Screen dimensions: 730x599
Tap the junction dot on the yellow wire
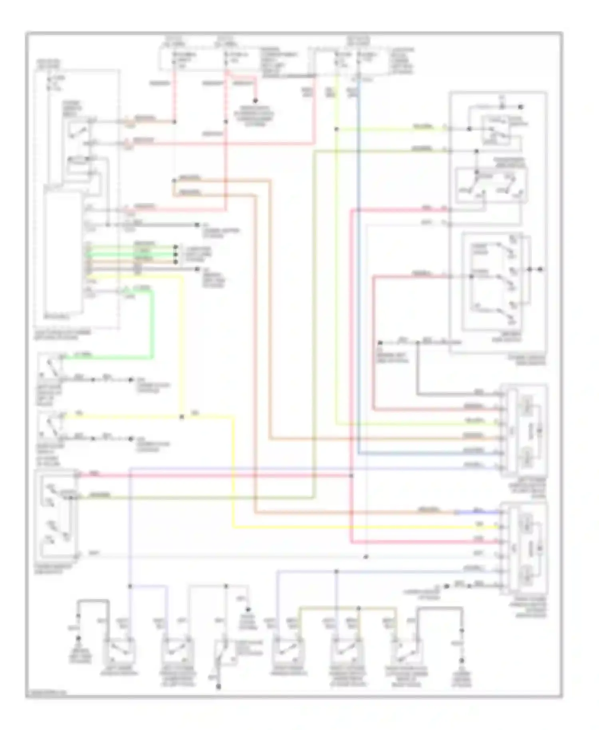[x=182, y=417]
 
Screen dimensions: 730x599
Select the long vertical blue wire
[x=358, y=280]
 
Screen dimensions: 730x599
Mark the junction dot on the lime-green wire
[x=337, y=129]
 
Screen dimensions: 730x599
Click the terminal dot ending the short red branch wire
[x=255, y=101]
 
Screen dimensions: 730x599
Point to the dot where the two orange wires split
[x=174, y=181]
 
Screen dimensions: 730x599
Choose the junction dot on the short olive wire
[x=359, y=608]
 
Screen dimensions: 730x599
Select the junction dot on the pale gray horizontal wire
[x=366, y=557]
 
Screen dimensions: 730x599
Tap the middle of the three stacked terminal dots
[x=175, y=254]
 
